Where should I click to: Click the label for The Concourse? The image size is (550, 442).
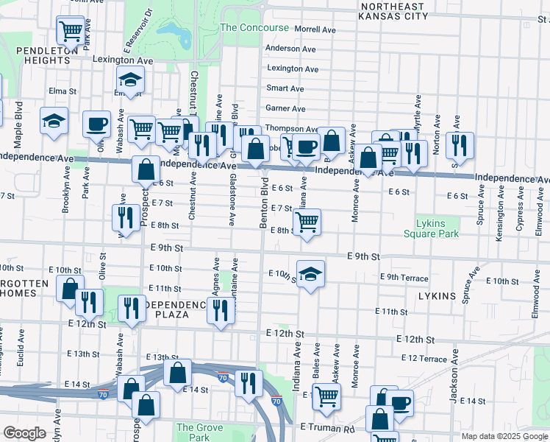[x=254, y=27]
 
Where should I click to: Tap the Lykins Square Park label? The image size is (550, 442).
[x=431, y=227]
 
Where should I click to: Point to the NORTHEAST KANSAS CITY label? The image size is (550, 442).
[x=393, y=10]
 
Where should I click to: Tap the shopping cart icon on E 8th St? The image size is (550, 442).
[x=307, y=220]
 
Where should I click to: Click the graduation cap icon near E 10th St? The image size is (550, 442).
[x=311, y=273]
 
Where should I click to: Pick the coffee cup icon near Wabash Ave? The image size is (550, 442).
[x=96, y=122]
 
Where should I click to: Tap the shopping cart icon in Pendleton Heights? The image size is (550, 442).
[x=71, y=31]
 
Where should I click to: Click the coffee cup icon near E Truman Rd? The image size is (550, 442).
[x=400, y=402]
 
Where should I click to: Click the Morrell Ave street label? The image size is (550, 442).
[x=315, y=30]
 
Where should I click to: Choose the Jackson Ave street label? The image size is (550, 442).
[x=454, y=382]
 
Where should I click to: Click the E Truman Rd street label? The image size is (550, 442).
[x=327, y=427]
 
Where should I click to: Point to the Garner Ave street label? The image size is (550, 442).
[x=285, y=108]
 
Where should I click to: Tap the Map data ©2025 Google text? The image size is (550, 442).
[x=504, y=436]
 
